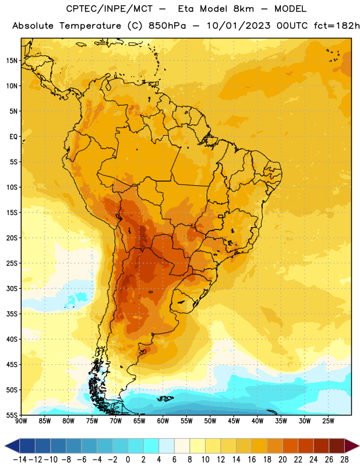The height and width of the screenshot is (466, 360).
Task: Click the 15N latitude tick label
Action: coord(12,61)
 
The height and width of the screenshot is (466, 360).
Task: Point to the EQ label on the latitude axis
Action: coord(13,137)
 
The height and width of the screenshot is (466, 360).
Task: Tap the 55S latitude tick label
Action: coord(12,415)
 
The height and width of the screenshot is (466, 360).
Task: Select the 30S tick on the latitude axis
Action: coord(12,288)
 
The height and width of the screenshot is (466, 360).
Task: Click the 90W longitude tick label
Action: coord(21,421)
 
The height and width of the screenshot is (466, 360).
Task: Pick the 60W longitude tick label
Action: coord(163,421)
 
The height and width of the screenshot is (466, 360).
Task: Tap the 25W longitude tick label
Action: coord(328,421)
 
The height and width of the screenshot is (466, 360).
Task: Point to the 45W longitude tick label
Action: coord(234,421)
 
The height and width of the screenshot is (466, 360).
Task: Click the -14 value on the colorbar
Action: coord(20,460)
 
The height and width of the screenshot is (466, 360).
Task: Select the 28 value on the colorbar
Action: coord(344,460)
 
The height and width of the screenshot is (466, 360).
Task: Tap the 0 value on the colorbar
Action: coord(128,460)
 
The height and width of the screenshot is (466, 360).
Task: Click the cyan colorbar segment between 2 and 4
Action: coord(151,446)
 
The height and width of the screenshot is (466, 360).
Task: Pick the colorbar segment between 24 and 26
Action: coord(322,446)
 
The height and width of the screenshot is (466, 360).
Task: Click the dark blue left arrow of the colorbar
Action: coord(12,446)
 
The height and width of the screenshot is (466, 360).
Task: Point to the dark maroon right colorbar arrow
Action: coord(352,446)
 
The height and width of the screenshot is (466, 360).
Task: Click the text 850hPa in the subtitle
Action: coord(167,26)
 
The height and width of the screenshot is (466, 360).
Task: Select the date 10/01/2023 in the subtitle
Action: coord(238,26)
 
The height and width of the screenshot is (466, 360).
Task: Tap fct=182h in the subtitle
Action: coord(337,26)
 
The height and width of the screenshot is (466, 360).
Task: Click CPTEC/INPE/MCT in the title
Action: coord(110,9)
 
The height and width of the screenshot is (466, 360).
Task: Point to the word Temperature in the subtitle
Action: coord(90,26)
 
